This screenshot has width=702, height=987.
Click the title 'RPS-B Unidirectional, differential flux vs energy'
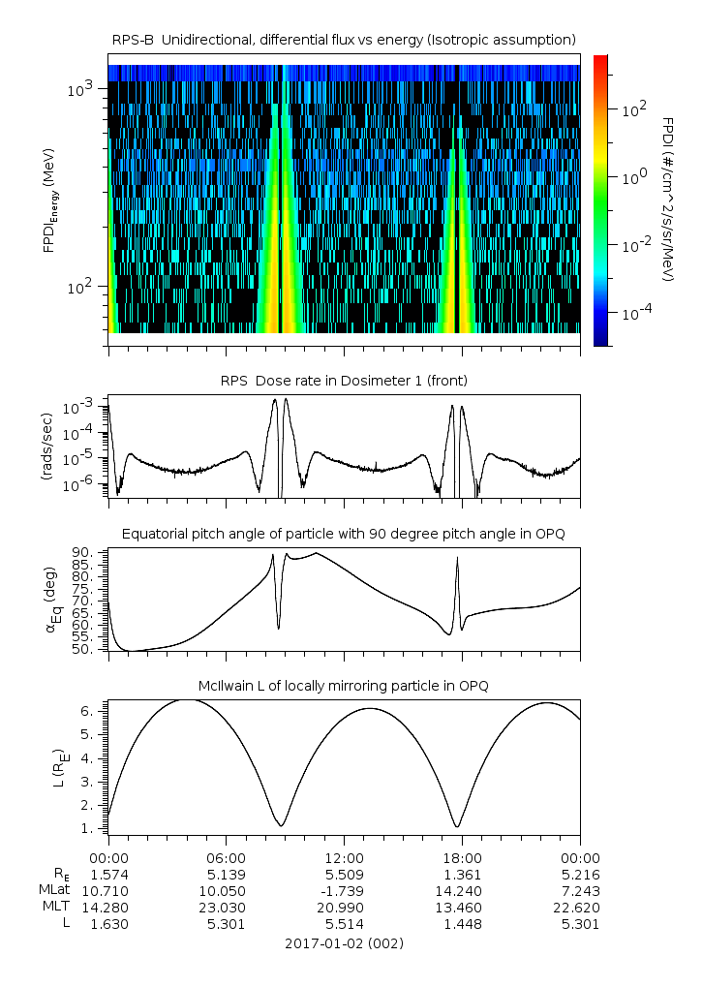pyautogui.click(x=344, y=39)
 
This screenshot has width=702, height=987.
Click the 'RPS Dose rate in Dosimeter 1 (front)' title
pyautogui.click(x=344, y=381)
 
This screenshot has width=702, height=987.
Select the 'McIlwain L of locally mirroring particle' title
pyautogui.click(x=344, y=686)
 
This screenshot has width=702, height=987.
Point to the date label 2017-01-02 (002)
pyautogui.click(x=344, y=942)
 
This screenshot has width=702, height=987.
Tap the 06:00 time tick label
pyautogui.click(x=227, y=857)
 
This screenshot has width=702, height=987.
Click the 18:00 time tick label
pyautogui.click(x=462, y=857)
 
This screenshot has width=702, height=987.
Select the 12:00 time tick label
pyautogui.click(x=344, y=857)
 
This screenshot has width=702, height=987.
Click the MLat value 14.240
pyautogui.click(x=462, y=890)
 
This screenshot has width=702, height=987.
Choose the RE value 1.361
pyautogui.click(x=462, y=874)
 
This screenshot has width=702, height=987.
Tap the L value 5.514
pyautogui.click(x=344, y=924)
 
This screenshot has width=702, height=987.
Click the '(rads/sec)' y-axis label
pyautogui.click(x=46, y=446)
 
